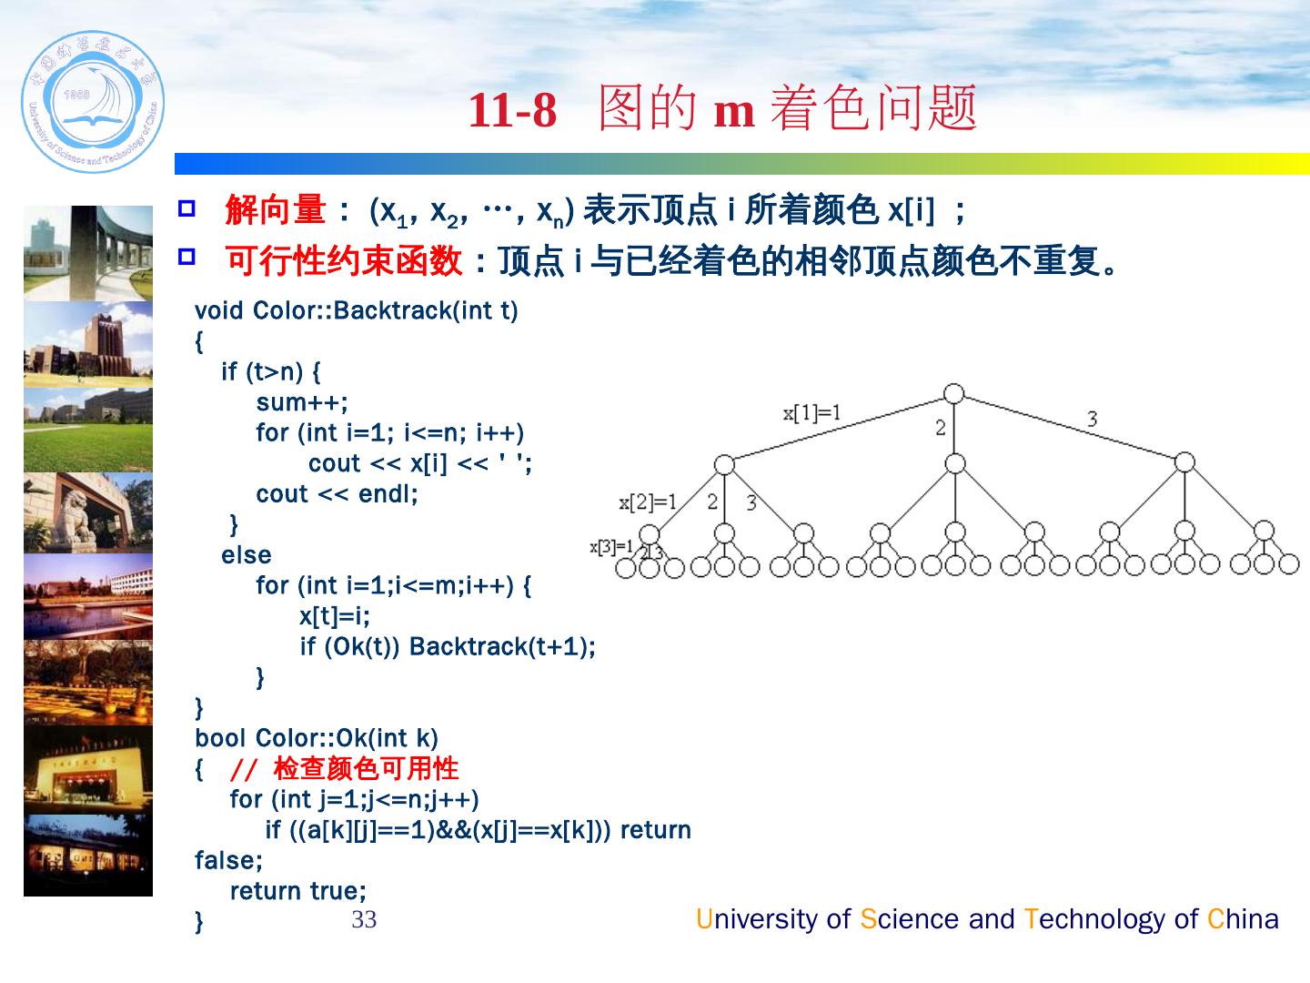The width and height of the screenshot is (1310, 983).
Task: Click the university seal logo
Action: (92, 102)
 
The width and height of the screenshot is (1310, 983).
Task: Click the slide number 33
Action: (364, 920)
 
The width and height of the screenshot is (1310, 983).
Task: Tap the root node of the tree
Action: (953, 394)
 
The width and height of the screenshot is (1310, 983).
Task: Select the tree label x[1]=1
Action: (812, 412)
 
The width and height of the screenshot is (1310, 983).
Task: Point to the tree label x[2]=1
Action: (648, 502)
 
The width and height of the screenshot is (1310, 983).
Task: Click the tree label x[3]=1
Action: (612, 547)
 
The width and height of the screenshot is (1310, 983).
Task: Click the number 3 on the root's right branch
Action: (1092, 419)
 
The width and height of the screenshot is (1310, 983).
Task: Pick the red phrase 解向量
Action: (275, 211)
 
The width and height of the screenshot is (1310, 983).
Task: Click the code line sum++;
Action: (302, 402)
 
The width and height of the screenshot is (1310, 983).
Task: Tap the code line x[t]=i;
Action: (335, 616)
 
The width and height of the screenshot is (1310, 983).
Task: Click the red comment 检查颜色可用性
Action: (366, 769)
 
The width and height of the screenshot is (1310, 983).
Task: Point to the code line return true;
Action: (298, 891)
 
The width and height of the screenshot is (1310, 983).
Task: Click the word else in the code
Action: (246, 555)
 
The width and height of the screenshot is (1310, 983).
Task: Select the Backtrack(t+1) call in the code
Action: (501, 647)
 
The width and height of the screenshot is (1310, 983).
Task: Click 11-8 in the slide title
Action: (512, 111)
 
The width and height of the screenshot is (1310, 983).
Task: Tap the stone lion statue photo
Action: (88, 513)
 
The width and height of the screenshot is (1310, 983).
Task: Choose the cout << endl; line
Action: (337, 494)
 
